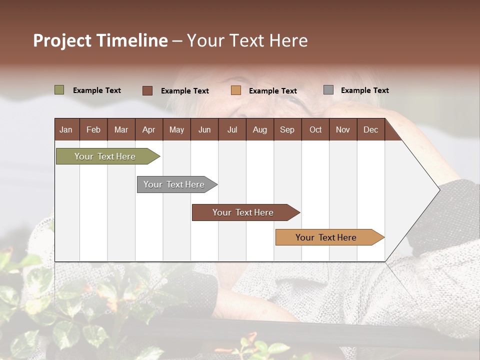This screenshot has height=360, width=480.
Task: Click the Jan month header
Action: click(66, 129)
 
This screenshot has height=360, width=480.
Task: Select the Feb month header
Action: click(93, 129)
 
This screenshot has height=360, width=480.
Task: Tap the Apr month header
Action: click(148, 129)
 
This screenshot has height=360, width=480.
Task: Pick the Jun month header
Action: click(204, 129)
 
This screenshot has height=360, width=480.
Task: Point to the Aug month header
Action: click(259, 129)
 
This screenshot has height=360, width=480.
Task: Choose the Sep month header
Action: click(287, 129)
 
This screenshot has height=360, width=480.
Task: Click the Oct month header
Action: click(315, 129)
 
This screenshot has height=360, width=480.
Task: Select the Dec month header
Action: click(370, 129)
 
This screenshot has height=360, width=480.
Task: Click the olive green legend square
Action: click(59, 90)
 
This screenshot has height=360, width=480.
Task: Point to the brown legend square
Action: click(147, 90)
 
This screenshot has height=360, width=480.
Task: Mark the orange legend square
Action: click(236, 90)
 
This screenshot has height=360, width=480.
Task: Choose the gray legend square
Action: click(328, 90)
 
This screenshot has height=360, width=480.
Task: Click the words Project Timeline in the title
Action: click(100, 40)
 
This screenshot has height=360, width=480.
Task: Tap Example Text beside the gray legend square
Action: click(364, 90)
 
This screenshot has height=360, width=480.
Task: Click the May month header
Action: click(176, 129)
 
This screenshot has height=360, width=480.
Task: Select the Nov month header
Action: click(343, 129)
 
